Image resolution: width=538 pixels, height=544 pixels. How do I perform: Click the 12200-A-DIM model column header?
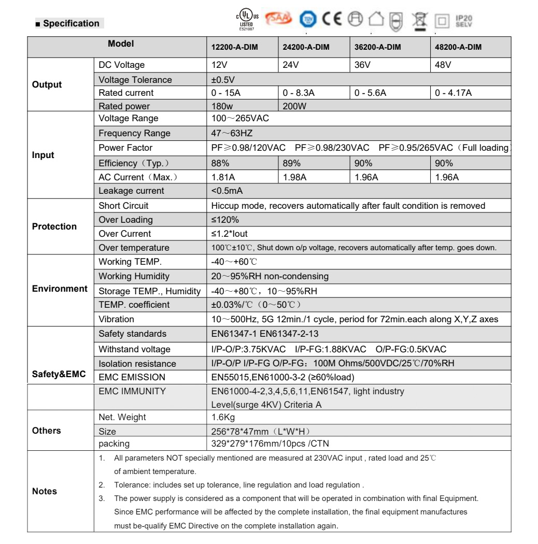[234, 47]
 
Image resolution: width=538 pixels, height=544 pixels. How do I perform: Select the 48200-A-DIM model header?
[456, 47]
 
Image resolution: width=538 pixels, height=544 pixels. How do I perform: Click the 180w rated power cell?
[221, 106]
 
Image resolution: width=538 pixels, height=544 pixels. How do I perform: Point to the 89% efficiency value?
[291, 163]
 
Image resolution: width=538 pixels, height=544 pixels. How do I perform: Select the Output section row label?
[47, 84]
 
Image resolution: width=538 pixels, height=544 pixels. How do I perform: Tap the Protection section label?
[54, 226]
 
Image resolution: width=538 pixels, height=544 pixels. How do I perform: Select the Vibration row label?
[116, 319]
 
